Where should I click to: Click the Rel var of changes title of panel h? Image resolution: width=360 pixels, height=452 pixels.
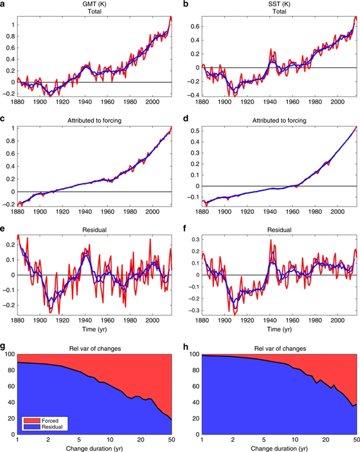point(279,348)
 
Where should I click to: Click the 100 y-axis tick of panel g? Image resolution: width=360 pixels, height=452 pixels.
point(10,354)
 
